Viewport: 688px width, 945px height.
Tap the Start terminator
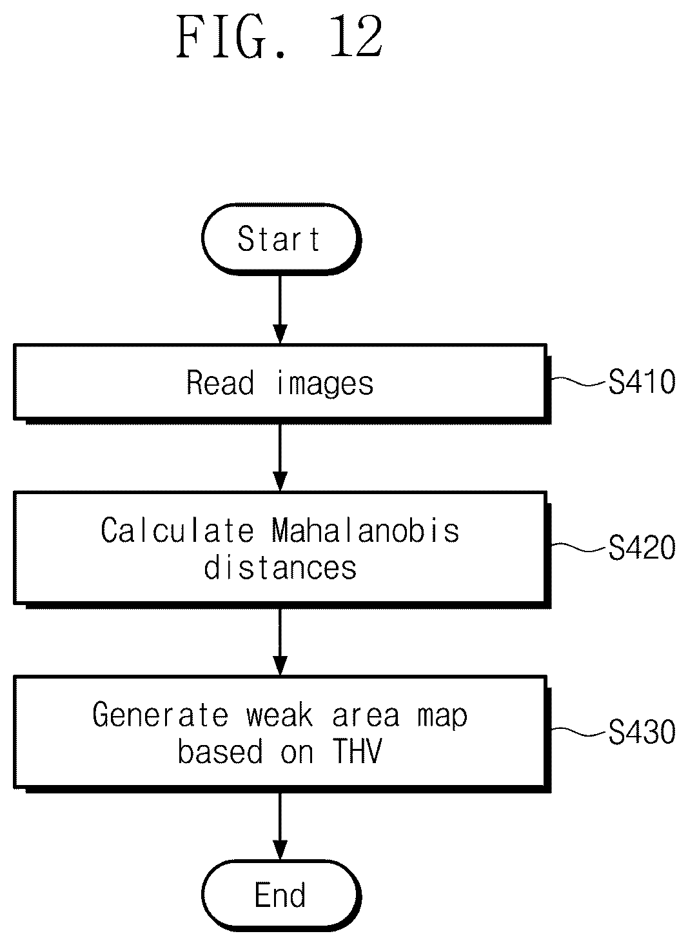tap(281, 239)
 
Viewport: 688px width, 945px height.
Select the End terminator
tap(281, 895)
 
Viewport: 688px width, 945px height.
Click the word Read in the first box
tap(220, 383)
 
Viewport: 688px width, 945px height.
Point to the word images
tap(325, 384)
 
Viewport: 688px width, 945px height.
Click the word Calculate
tap(177, 530)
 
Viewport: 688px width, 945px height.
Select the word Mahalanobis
tap(366, 530)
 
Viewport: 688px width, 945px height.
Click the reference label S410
tap(642, 382)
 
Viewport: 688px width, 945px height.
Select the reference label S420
tap(642, 547)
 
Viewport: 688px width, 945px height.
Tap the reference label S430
tap(642, 731)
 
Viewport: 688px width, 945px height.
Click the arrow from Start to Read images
tap(280, 310)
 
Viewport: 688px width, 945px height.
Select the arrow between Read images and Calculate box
tap(280, 457)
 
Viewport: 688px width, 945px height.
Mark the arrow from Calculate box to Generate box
tap(280, 642)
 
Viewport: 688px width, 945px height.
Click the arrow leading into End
tap(280, 826)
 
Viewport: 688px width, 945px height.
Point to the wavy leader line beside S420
tap(579, 547)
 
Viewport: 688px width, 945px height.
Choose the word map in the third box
tap(442, 717)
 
